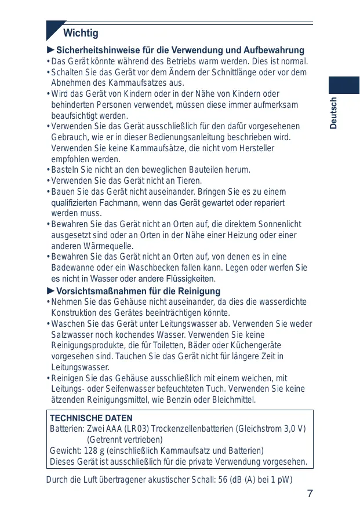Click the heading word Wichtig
[81, 33]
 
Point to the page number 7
[310, 494]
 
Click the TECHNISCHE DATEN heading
[91, 418]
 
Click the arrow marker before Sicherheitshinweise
[51, 50]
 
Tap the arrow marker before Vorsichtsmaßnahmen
[51, 290]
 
